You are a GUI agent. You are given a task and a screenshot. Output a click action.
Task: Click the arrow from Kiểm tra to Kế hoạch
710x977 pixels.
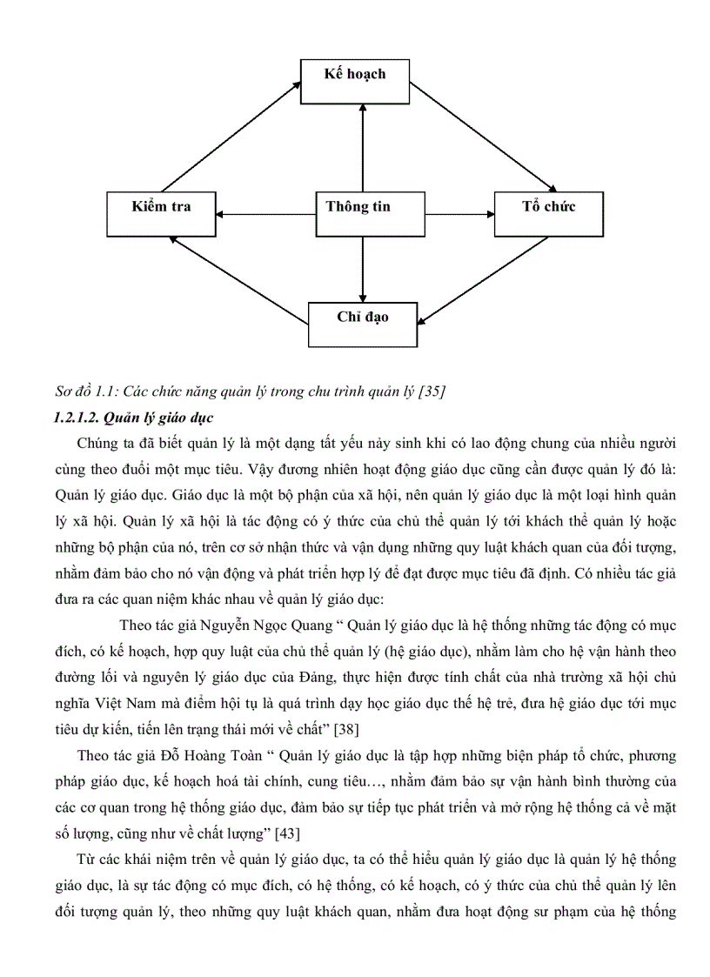click(x=233, y=135)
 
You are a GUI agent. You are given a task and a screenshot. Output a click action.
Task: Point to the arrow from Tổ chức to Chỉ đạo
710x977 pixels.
click(x=484, y=279)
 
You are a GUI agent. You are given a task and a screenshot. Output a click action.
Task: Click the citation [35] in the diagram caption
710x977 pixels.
click(x=432, y=392)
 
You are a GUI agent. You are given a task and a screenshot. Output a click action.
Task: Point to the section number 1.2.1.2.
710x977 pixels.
click(x=79, y=417)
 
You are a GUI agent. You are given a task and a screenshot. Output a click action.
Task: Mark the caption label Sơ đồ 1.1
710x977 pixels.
click(x=84, y=392)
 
